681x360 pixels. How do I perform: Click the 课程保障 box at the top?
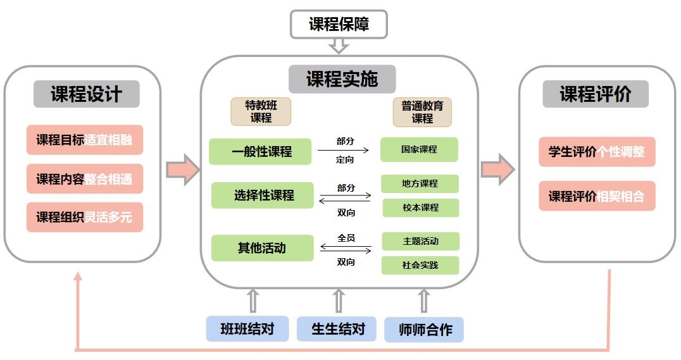[339, 24]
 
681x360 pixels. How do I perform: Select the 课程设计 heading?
[87, 94]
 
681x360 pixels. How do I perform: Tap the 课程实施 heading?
[342, 79]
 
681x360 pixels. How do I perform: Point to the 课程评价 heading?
[596, 94]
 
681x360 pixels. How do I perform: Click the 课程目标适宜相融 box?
[85, 140]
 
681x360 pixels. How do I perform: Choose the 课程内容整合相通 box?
[85, 178]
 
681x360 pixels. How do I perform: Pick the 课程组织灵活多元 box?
[85, 216]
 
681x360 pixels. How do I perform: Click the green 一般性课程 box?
[260, 152]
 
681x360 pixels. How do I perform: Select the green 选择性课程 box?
[262, 196]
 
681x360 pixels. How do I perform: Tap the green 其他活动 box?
[262, 248]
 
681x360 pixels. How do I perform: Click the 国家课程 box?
[419, 149]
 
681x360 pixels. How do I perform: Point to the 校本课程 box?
[420, 208]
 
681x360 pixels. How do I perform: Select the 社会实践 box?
[420, 265]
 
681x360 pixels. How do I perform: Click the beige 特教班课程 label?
[261, 111]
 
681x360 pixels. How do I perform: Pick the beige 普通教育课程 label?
[422, 112]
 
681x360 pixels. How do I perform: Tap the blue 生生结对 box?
[337, 329]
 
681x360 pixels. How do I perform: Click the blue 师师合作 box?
[424, 330]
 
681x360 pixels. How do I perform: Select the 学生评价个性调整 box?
[597, 152]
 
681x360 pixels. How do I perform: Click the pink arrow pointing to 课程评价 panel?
[498, 170]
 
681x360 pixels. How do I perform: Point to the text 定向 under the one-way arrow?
[345, 160]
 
